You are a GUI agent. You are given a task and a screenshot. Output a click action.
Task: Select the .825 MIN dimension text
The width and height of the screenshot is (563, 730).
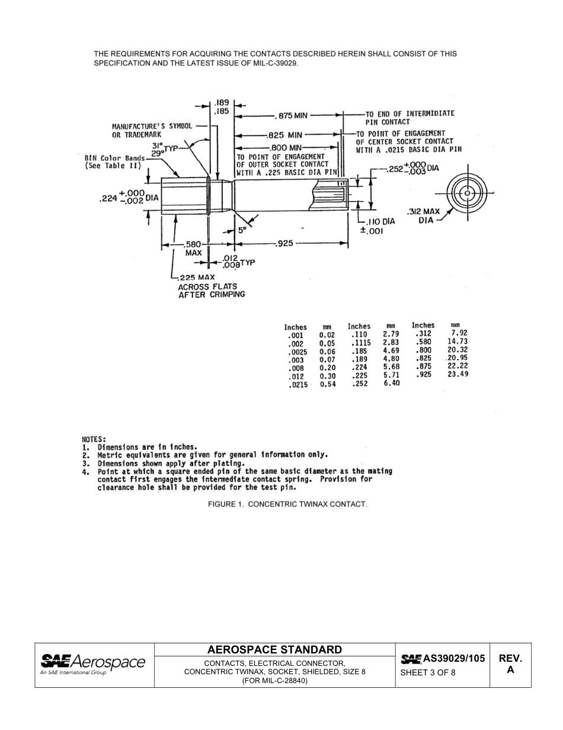(286, 135)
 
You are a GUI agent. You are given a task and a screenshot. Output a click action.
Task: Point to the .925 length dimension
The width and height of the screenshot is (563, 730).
(285, 243)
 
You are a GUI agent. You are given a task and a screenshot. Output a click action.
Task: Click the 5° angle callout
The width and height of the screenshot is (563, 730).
(242, 230)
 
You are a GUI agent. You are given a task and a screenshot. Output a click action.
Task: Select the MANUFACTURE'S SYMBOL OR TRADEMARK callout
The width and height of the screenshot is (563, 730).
(152, 131)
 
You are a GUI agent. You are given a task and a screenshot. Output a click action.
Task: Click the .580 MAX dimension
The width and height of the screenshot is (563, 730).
(193, 247)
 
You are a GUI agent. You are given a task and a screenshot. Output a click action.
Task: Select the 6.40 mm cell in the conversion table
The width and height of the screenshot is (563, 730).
(391, 383)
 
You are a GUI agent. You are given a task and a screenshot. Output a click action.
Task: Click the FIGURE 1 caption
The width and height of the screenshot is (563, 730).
(287, 504)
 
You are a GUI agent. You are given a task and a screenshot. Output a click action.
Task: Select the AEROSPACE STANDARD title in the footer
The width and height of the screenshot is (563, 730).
(274, 650)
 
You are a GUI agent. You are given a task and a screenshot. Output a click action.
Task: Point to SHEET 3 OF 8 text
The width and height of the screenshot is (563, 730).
(428, 672)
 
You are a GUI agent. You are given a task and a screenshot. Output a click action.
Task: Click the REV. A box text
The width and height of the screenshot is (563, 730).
(509, 664)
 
